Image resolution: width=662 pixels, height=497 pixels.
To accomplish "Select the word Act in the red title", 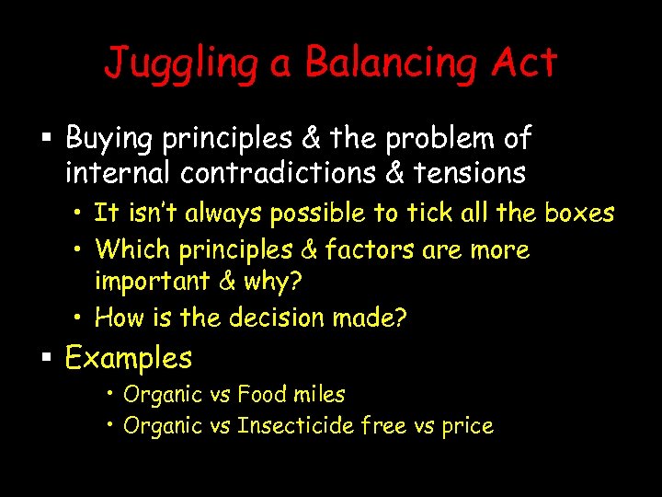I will [x=522, y=63].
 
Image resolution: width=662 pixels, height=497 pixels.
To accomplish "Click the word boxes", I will [x=579, y=213].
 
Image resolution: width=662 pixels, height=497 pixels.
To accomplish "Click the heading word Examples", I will [x=129, y=358].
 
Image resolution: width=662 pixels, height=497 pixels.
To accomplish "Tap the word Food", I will [x=261, y=395].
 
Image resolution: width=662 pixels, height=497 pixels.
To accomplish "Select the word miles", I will [x=318, y=395].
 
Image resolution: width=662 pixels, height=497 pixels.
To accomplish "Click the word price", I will [x=467, y=427].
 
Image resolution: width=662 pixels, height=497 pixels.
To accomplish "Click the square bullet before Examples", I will [x=46, y=359].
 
